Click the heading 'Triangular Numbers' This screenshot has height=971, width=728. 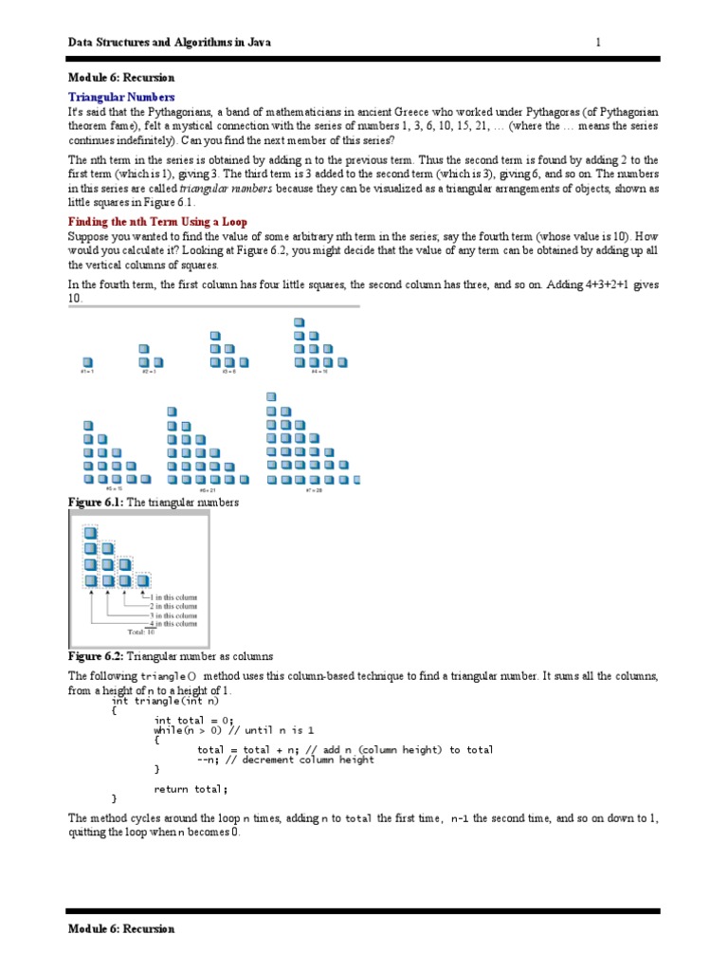tap(121, 97)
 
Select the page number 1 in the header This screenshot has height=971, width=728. tap(598, 43)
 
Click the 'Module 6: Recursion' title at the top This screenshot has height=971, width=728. tap(121, 78)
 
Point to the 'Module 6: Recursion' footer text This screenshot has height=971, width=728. tap(121, 928)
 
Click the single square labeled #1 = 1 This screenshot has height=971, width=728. tap(87, 361)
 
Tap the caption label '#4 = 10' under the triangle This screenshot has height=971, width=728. tap(319, 372)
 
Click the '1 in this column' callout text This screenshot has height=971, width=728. tap(173, 597)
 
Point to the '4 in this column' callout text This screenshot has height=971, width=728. tap(173, 623)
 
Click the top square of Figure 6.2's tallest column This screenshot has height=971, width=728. tap(91, 532)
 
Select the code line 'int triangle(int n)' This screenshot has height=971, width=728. tap(165, 701)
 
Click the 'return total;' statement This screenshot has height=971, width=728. tap(191, 788)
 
